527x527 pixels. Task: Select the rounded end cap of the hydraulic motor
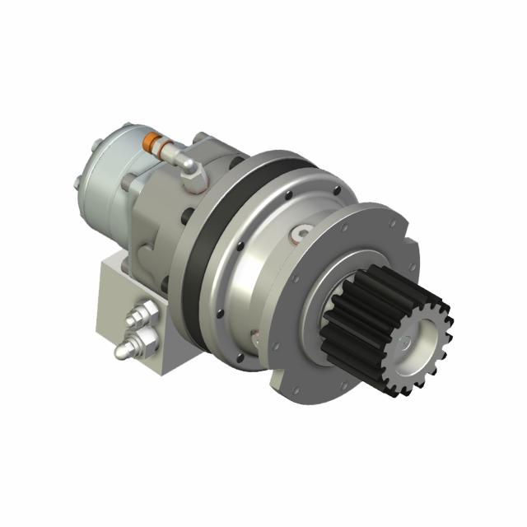tap(100, 175)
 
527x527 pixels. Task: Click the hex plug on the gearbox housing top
tap(298, 236)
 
